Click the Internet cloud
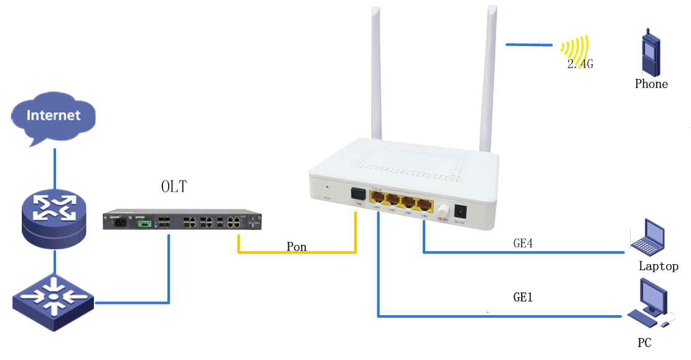coord(54,116)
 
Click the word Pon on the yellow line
coord(296,247)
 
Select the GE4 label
coord(523,244)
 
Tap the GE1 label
coord(523,298)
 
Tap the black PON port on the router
coord(357,194)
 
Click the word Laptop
coord(658,267)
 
